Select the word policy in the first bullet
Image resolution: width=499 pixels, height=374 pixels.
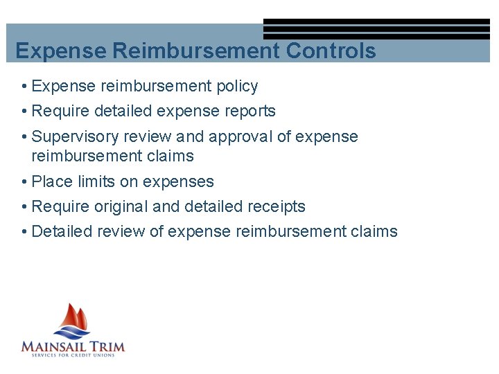pyautogui.click(x=236, y=87)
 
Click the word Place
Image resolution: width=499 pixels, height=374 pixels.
pyautogui.click(x=51, y=181)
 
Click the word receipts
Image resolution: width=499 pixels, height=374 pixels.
pyautogui.click(x=277, y=206)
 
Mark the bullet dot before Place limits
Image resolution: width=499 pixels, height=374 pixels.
pyautogui.click(x=24, y=182)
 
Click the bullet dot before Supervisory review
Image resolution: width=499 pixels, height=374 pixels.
pyautogui.click(x=24, y=137)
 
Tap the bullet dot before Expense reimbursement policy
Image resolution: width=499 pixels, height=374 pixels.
pyautogui.click(x=24, y=87)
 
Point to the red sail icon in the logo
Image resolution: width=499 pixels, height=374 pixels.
pyautogui.click(x=73, y=319)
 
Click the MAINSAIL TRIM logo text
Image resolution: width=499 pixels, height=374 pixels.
pyautogui.click(x=73, y=346)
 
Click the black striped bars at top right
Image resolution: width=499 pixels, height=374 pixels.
pyautogui.click(x=376, y=29)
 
